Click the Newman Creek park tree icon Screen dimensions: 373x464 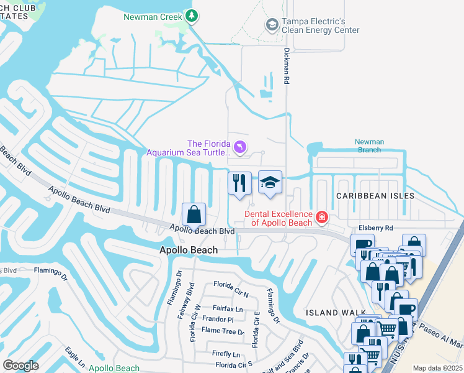[192, 16]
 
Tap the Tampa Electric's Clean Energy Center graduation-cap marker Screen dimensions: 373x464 [271, 24]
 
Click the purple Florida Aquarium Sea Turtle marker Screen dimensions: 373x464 [240, 147]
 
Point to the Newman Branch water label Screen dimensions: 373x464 [369, 146]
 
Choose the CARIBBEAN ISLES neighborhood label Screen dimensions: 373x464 [375, 195]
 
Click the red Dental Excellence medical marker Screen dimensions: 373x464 [321, 217]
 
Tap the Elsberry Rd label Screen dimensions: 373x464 [376, 228]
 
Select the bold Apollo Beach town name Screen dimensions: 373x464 [189, 250]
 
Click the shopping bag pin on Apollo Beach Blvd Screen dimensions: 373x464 [194, 214]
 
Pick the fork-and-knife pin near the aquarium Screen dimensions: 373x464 [240, 183]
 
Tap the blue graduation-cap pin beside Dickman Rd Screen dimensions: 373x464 [270, 182]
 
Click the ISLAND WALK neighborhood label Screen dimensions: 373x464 [330, 313]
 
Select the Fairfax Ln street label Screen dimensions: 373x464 [228, 308]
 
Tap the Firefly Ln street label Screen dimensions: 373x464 [226, 354]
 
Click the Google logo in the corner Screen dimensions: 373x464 [20, 366]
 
